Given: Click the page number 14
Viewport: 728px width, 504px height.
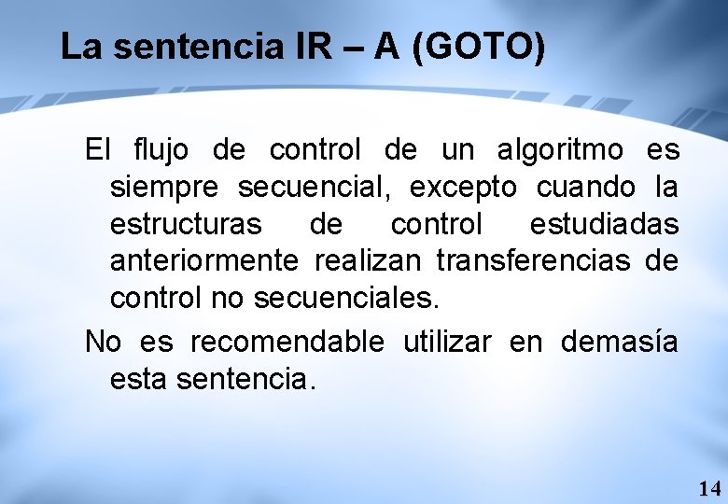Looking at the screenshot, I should (709, 487).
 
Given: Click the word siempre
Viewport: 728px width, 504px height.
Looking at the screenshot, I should (164, 189).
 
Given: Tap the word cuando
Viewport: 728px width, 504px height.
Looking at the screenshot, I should (586, 188).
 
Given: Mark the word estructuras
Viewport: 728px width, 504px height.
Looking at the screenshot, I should (186, 225).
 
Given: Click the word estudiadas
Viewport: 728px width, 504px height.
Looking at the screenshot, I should (604, 225).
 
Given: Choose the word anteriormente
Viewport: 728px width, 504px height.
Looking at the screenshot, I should (204, 261).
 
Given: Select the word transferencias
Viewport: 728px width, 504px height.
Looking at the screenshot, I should (534, 261).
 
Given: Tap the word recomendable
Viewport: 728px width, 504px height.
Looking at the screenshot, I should (287, 343).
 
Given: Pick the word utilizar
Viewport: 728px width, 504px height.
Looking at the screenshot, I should (447, 343).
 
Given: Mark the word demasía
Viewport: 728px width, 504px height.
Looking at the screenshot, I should (620, 343).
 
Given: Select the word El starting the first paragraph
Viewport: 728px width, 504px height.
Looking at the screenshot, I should (98, 149).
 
